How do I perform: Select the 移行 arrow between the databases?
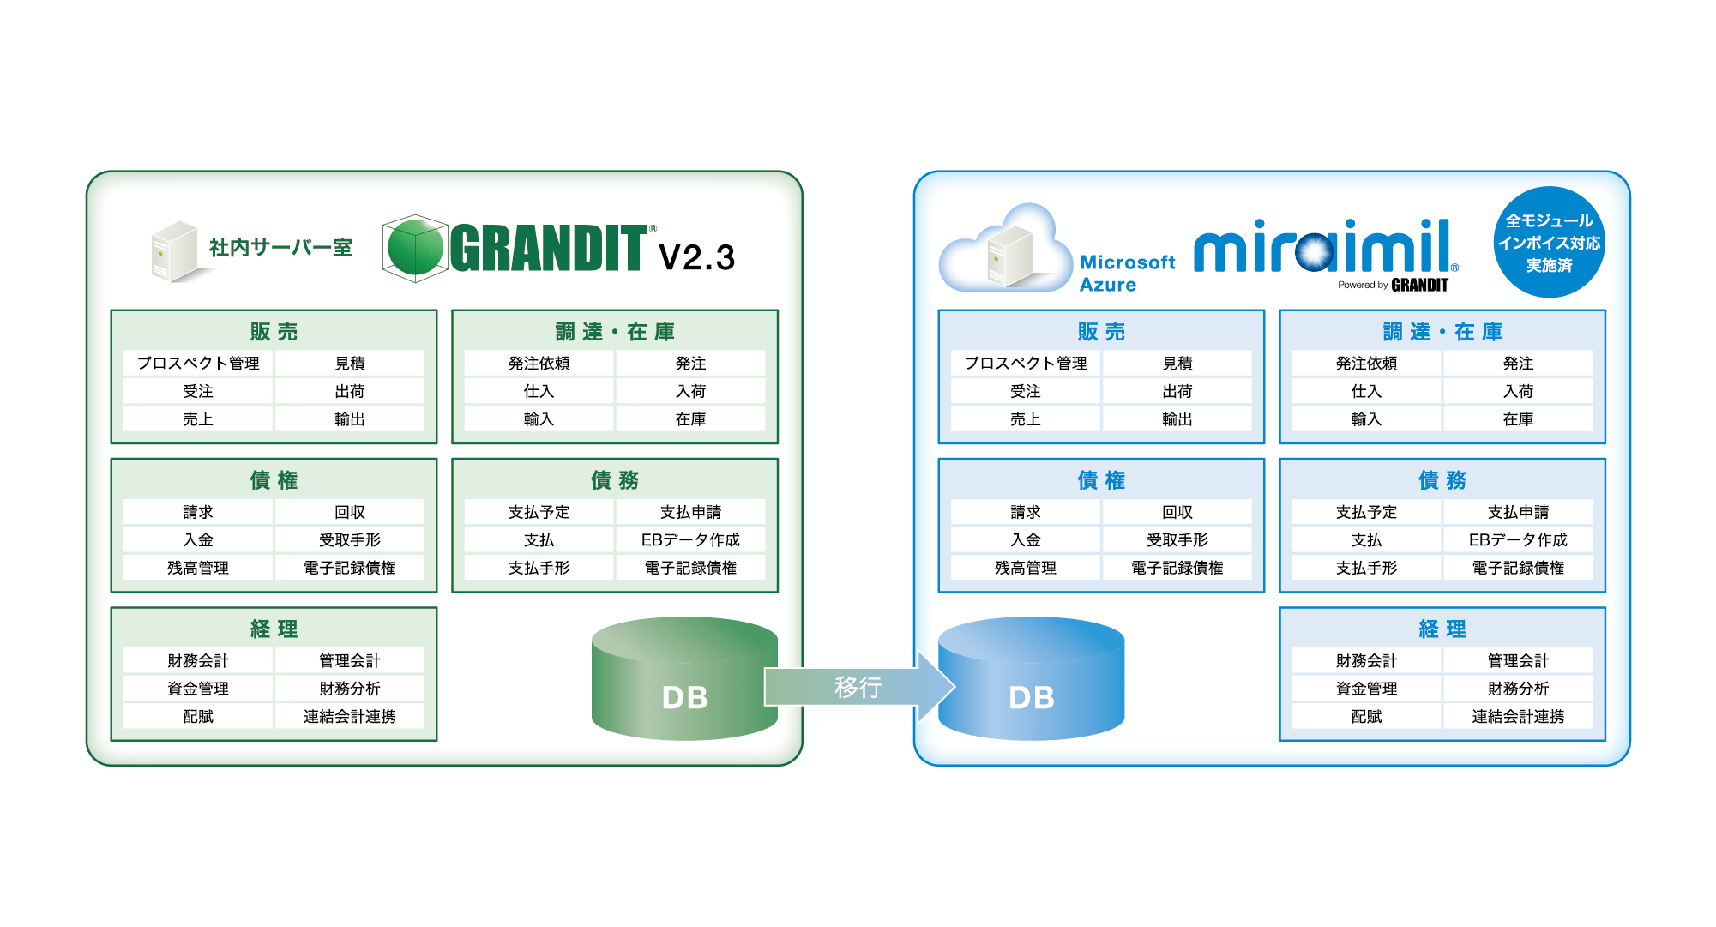point(858,687)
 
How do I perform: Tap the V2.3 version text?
point(696,257)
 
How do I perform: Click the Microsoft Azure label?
point(1126,274)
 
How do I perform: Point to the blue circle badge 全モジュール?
point(1549,243)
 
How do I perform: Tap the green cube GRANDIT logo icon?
point(415,249)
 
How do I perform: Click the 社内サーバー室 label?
point(280,248)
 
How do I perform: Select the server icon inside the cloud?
point(1009,256)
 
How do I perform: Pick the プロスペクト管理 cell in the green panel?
point(198,364)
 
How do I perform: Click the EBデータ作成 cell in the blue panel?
point(1517,540)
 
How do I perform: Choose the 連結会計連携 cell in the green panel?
point(349,717)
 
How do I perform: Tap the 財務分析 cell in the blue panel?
point(1517,689)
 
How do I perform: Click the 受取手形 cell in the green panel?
point(349,540)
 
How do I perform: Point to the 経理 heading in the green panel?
point(274,629)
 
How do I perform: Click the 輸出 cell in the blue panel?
point(1177,419)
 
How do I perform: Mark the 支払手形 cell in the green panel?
point(539,568)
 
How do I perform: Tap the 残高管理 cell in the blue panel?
point(1025,568)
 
